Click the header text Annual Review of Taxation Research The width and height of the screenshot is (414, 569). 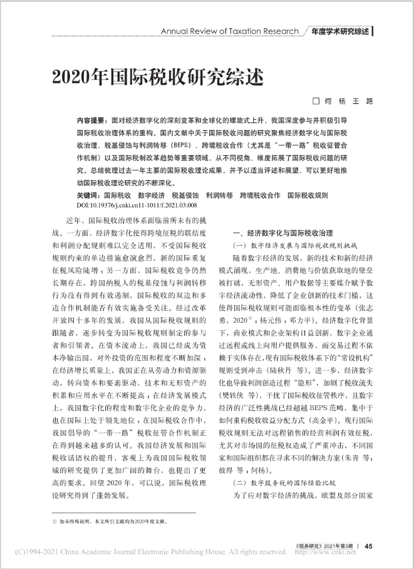pyautogui.click(x=230, y=31)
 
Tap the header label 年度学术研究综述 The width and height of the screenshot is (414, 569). pyautogui.click(x=339, y=31)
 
